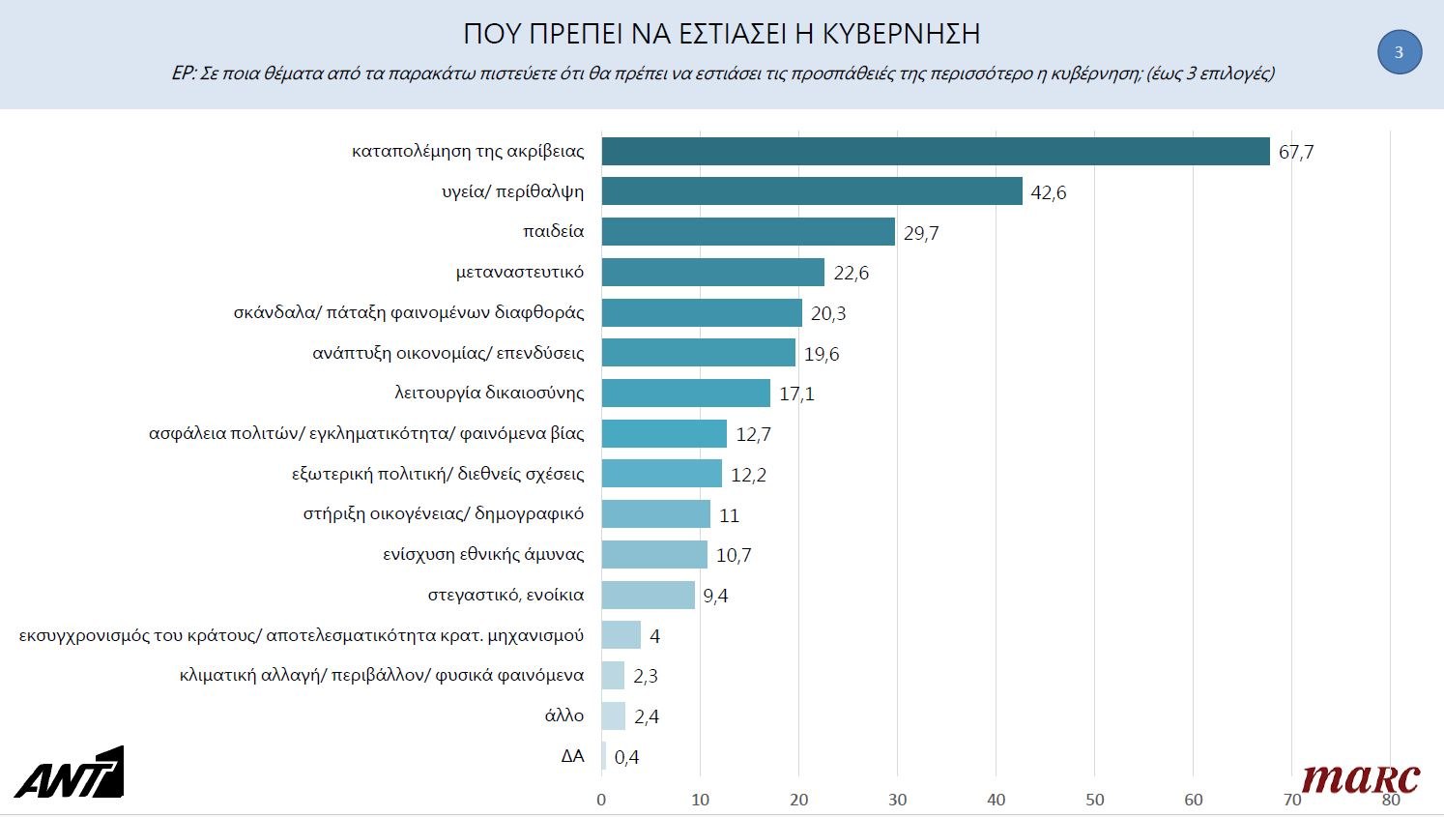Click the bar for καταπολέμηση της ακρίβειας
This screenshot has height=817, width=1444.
point(935,152)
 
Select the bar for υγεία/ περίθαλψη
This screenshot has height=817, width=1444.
point(811,191)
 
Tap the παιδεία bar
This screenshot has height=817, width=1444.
point(747,232)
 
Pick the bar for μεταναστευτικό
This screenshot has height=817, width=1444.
point(712,273)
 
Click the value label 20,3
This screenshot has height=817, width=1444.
point(828,313)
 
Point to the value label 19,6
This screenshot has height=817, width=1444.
point(822,354)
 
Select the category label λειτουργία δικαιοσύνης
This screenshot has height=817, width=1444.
point(489,393)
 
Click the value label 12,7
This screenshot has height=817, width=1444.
point(753,434)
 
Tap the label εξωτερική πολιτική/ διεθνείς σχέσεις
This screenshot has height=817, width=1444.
point(438,474)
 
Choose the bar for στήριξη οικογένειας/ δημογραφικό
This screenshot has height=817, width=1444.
point(655,514)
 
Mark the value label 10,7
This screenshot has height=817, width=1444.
point(734,555)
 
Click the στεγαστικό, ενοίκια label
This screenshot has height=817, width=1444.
point(505,595)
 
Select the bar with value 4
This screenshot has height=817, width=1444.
point(621,635)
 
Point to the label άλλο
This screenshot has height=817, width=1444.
point(564,715)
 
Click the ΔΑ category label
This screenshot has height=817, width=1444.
point(572,756)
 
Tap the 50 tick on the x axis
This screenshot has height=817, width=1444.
point(1094,800)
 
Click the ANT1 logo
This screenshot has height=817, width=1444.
point(69,773)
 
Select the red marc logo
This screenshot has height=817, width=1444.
point(1360,778)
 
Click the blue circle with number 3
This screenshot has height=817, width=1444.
point(1399,52)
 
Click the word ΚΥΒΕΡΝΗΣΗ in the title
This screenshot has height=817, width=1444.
point(901,34)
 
